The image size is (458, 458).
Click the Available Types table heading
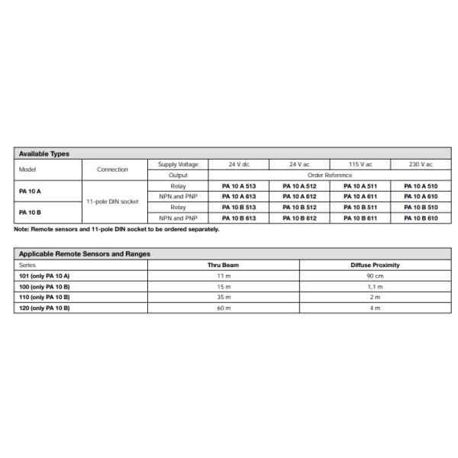coord(44,153)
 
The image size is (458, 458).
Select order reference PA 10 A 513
coord(238,185)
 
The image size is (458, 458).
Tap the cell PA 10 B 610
coord(421,218)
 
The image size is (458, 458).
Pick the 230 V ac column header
coord(421,164)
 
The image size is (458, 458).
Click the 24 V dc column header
coord(238,164)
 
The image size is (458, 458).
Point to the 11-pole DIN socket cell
coord(113,202)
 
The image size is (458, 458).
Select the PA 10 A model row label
coord(30,191)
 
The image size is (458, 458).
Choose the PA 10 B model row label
coord(30,212)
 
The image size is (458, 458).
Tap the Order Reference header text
coord(329,175)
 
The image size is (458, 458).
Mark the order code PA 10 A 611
coord(360,196)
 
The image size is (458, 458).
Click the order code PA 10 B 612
coord(299,218)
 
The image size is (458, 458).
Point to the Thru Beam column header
coord(224,265)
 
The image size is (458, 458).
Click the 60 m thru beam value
coord(224,308)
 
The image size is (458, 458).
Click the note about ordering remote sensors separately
coord(116,229)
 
